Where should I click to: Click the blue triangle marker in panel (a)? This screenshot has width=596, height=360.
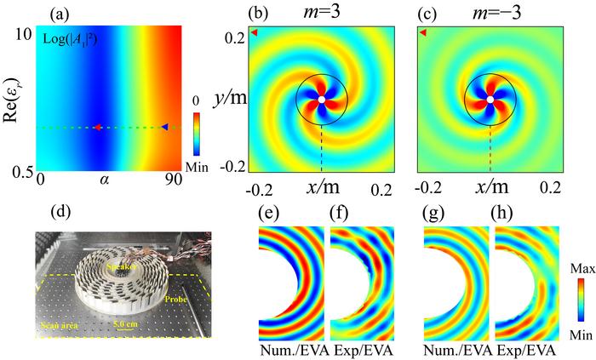(165, 127)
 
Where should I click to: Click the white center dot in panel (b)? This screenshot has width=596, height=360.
(321, 100)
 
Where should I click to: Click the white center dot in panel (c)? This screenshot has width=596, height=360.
(490, 100)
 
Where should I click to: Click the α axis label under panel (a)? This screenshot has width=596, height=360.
(105, 180)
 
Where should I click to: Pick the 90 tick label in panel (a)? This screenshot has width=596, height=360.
(171, 180)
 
